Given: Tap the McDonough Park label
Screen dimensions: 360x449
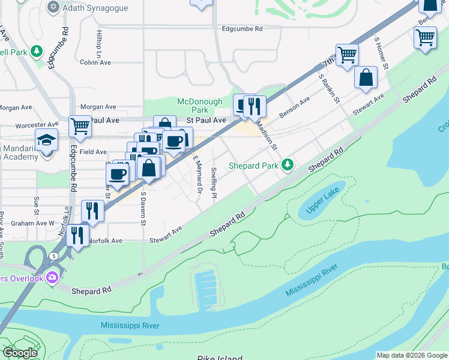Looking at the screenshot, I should pyautogui.click(x=199, y=106).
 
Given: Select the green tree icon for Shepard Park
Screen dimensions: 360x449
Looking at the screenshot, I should pyautogui.click(x=288, y=164).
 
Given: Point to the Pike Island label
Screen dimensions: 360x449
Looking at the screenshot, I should pyautogui.click(x=219, y=357).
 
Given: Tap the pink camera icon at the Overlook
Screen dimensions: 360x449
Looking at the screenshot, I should pyautogui.click(x=52, y=277).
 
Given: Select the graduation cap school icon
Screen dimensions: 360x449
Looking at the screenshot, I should pyautogui.click(x=46, y=140).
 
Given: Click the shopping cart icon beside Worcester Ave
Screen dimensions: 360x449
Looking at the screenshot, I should pyautogui.click(x=80, y=127).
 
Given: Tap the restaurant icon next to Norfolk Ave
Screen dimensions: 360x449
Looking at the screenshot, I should pyautogui.click(x=77, y=235).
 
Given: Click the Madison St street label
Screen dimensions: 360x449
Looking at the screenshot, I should pyautogui.click(x=267, y=136).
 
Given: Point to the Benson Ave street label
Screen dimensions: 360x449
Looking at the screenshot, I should pyautogui.click(x=294, y=107).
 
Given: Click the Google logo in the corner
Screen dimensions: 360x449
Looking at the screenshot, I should pyautogui.click(x=20, y=353).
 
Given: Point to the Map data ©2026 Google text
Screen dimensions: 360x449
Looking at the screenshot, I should pyautogui.click(x=411, y=355).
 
